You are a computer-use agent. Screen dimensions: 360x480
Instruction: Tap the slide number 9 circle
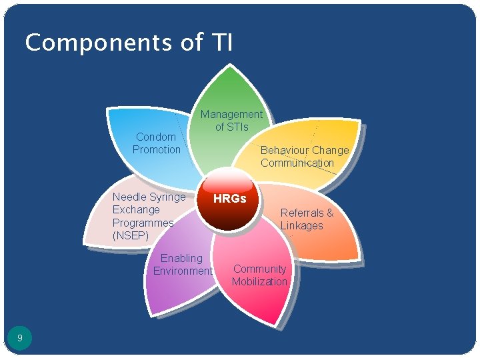pyautogui.click(x=20, y=338)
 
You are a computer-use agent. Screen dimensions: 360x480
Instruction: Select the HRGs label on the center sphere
pyautogui.click(x=229, y=199)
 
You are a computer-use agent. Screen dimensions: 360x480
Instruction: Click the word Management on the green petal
pyautogui.click(x=231, y=115)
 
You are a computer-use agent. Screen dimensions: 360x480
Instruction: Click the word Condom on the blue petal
pyautogui.click(x=156, y=137)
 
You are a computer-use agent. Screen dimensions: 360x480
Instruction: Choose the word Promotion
pyautogui.click(x=156, y=149)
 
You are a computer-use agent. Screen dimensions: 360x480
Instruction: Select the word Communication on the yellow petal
pyautogui.click(x=297, y=163)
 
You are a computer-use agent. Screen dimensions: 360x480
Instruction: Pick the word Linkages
pyautogui.click(x=301, y=225)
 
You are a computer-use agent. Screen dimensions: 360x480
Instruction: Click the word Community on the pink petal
pyautogui.click(x=259, y=269)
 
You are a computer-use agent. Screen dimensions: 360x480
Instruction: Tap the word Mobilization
pyautogui.click(x=259, y=281)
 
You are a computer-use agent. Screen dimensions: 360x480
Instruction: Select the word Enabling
pyautogui.click(x=181, y=258)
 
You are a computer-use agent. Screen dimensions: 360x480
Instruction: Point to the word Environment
pyautogui.click(x=183, y=271)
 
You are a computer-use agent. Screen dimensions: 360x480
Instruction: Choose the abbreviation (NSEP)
pyautogui.click(x=131, y=235)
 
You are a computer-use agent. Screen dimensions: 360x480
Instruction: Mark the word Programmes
pyautogui.click(x=143, y=223)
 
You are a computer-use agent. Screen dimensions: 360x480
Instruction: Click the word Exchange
pyautogui.click(x=136, y=209)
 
